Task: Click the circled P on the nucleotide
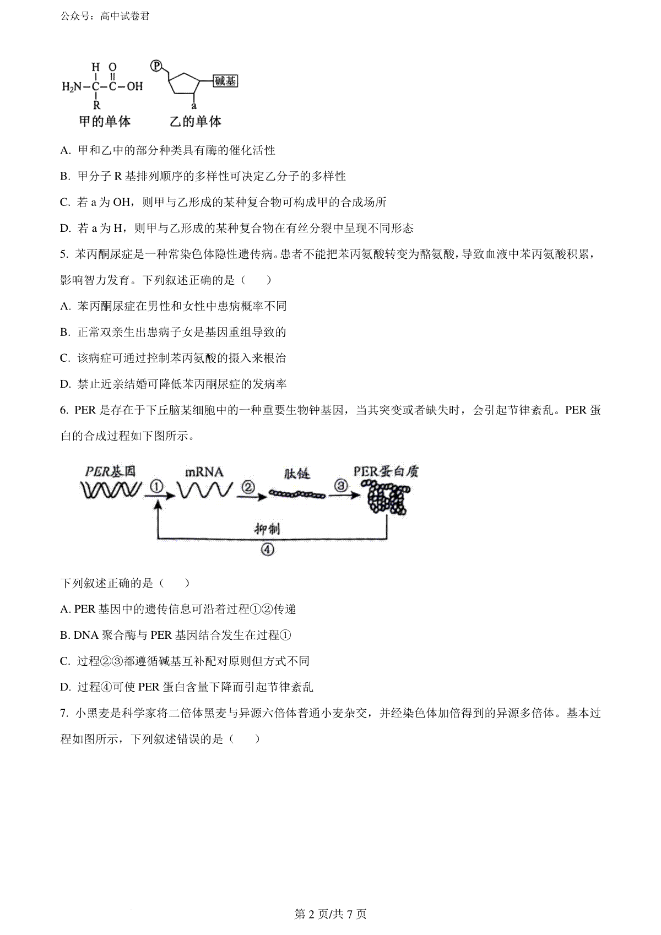156,66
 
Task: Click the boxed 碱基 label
225,81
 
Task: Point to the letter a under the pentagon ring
194,106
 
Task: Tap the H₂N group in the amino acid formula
72,86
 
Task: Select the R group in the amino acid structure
96,105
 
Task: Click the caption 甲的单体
105,122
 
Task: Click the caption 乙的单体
196,122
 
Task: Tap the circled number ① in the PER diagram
156,486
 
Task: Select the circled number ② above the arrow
248,487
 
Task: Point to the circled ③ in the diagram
341,486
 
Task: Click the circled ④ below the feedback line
268,550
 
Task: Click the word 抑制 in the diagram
267,529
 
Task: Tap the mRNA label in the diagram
204,472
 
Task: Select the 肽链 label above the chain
297,474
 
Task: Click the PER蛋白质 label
386,471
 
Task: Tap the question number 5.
64,254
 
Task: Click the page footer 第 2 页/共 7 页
330,914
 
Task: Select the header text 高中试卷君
125,17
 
